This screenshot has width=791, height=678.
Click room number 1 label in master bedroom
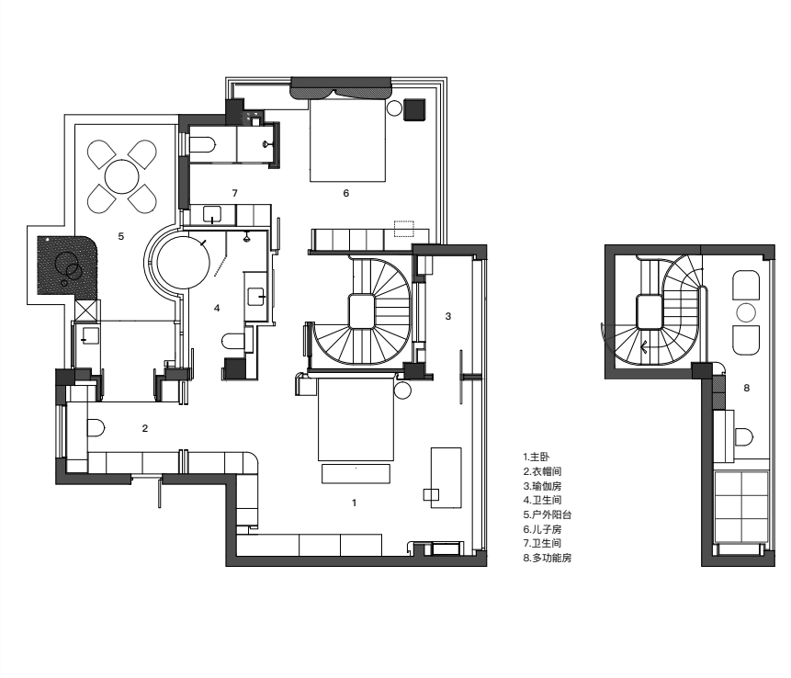[x=354, y=503]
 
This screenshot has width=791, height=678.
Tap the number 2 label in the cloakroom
[x=145, y=428]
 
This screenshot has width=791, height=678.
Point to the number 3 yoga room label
[x=448, y=316]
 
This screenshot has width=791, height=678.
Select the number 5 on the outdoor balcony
[x=121, y=236]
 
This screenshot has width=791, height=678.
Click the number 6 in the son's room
[x=346, y=193]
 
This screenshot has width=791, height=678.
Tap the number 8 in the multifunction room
[x=747, y=388]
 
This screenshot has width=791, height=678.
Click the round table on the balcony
[x=122, y=176]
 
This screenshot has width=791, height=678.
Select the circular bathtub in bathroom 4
[x=183, y=264]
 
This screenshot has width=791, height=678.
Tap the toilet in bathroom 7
[x=203, y=145]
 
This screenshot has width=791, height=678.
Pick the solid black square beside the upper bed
[x=414, y=109]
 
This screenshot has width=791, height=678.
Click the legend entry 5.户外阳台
[x=548, y=514]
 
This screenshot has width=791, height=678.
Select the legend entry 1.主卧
[x=537, y=457]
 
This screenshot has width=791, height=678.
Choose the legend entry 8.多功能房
[x=548, y=558]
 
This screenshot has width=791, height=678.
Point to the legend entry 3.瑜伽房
[x=542, y=486]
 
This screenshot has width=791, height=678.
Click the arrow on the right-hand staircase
[x=644, y=347]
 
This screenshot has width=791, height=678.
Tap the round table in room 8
[x=746, y=313]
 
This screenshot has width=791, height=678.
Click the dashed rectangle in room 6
[x=403, y=229]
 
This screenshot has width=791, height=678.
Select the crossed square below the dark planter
[x=86, y=311]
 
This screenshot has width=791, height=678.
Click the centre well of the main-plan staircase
[x=361, y=311]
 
